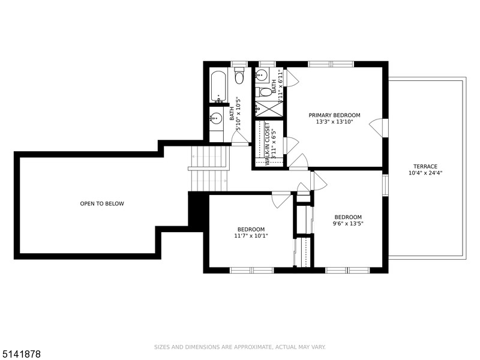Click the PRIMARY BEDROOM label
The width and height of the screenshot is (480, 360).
pos(334,115)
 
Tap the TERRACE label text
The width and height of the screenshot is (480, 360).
pos(425,166)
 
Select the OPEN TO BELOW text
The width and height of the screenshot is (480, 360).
pos(102,203)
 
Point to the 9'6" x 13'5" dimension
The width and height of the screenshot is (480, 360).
pos(348,223)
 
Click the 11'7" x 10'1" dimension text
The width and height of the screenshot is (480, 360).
pos(251,236)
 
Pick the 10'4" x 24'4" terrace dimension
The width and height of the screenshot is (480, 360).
pos(425,173)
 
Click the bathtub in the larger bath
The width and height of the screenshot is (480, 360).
pos(218,86)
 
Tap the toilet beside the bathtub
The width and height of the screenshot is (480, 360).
pos(239,76)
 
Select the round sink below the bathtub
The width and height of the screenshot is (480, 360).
pos(216,118)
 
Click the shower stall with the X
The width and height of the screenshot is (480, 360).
pos(269,109)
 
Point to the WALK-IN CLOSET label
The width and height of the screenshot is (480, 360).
pos(267,144)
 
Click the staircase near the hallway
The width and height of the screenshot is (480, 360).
pos(209,169)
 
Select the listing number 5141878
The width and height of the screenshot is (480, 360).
pos(20,354)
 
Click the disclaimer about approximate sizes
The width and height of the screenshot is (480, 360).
pos(239,347)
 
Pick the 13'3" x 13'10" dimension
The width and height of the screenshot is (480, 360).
pos(335,122)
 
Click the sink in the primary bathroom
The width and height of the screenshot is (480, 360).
pos(262,74)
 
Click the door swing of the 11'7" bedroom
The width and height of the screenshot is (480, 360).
pos(281,200)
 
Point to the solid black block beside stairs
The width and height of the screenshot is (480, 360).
pos(199,211)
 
